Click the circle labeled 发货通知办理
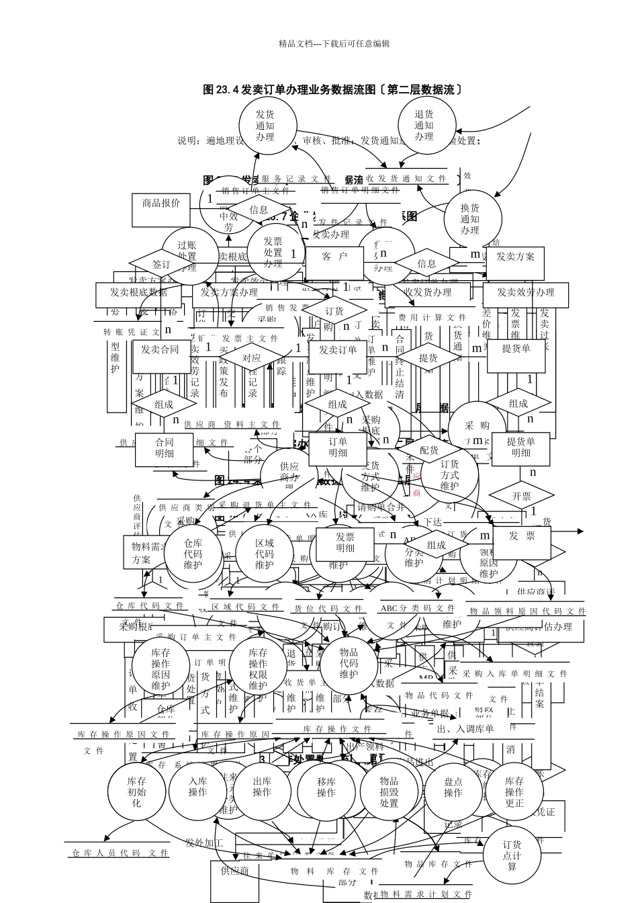[265, 126]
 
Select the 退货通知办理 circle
[424, 126]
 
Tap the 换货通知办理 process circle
[470, 219]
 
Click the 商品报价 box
[161, 204]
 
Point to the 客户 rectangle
[334, 257]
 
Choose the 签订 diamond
[161, 264]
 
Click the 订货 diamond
[334, 311]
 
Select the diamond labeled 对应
[252, 359]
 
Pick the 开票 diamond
[521, 496]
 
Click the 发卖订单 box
[338, 350]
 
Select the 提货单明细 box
[521, 447]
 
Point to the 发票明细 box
[345, 542]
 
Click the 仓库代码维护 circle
[193, 554]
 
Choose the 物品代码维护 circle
[349, 663]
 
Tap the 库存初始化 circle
[137, 791]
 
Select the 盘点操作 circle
[453, 787]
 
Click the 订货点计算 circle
[512, 855]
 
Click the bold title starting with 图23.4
[332, 89]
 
